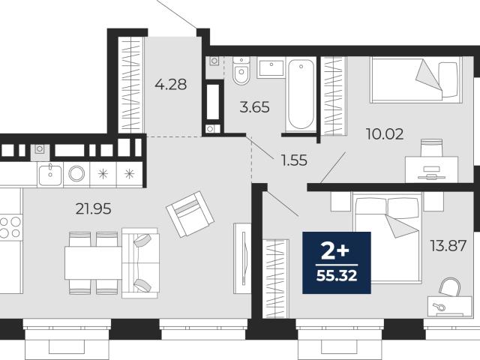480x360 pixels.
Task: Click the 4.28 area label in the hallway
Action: click(x=170, y=84)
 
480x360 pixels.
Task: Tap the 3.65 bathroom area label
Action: click(x=255, y=107)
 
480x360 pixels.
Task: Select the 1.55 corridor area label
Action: click(x=294, y=160)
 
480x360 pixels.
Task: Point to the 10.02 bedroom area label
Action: click(x=385, y=134)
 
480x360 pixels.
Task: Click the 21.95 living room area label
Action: click(x=93, y=209)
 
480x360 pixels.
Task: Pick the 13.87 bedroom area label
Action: click(x=448, y=245)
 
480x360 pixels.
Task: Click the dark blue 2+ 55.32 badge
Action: click(x=337, y=262)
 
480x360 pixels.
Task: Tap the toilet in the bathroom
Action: click(x=241, y=70)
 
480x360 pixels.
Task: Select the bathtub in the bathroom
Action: click(x=301, y=94)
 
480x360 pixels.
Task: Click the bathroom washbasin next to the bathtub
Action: click(x=271, y=68)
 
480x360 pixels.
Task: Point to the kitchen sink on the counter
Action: click(x=50, y=175)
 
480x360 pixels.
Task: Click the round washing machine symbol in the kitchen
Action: click(x=76, y=174)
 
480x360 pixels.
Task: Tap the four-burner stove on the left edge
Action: click(x=10, y=226)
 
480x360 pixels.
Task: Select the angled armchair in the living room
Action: click(x=190, y=214)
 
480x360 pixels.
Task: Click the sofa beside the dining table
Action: click(x=141, y=262)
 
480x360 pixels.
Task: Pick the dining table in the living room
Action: click(x=94, y=263)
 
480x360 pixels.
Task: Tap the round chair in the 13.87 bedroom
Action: click(x=450, y=287)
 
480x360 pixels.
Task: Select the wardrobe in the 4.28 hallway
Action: click(x=130, y=85)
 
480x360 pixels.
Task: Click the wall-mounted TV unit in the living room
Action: click(x=242, y=259)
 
